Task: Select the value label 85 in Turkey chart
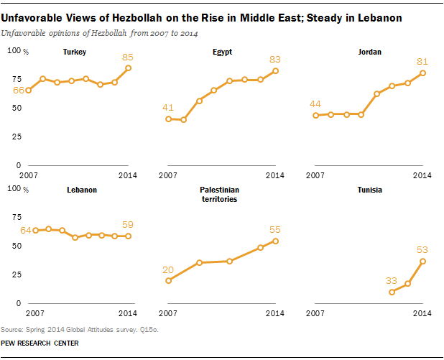(x=127, y=57)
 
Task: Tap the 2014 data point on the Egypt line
(x=275, y=70)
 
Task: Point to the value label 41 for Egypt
(x=167, y=108)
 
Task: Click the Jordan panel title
(x=370, y=52)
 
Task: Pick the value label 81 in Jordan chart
(x=422, y=62)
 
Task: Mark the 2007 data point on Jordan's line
(x=315, y=115)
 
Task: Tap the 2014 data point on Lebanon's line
(x=128, y=236)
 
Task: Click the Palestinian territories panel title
(x=219, y=194)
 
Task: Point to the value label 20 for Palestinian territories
(x=167, y=270)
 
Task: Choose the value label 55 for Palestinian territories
(x=275, y=230)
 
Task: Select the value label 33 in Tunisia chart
(x=392, y=281)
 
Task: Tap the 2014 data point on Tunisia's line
(x=422, y=261)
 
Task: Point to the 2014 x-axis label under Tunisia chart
(x=422, y=313)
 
